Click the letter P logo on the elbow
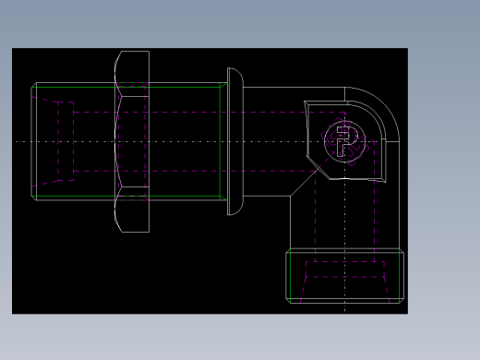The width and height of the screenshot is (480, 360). [x=345, y=141]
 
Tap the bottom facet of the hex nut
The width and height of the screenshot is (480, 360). [x=132, y=211]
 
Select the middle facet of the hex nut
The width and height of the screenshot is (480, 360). [x=132, y=140]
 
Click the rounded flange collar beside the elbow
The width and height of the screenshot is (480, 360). [x=234, y=140]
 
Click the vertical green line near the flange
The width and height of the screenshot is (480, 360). [x=221, y=140]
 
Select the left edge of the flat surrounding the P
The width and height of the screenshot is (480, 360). [x=307, y=138]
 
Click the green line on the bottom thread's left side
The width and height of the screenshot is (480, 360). [x=291, y=275]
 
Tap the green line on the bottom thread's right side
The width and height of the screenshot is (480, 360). [x=400, y=275]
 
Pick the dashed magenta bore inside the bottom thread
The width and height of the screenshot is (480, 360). [x=345, y=270]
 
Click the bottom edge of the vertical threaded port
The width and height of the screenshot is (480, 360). [x=345, y=301]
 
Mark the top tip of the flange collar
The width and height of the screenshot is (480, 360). [x=234, y=69]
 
